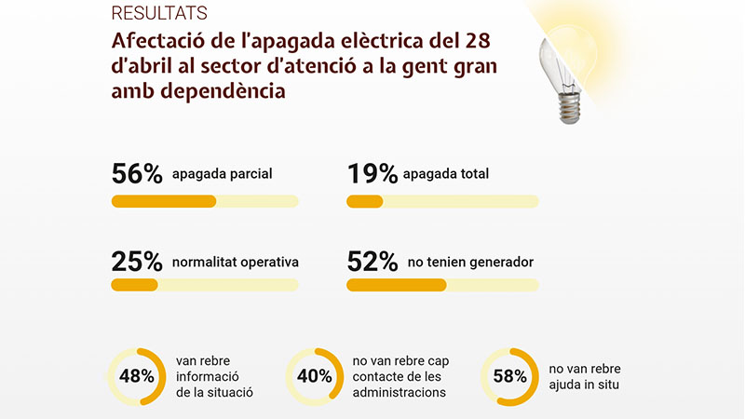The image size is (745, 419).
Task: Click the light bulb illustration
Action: (x=566, y=70)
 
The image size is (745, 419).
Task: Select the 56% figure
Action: (x=137, y=174)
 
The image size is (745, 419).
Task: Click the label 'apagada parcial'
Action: (x=222, y=174)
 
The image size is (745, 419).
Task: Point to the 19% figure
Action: (x=372, y=174)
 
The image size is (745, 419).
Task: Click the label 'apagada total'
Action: (x=449, y=174)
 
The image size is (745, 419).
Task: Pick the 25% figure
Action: (x=137, y=262)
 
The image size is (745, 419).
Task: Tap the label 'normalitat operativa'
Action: (x=236, y=263)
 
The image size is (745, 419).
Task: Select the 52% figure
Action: (x=372, y=262)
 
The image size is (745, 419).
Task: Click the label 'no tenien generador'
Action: (x=469, y=263)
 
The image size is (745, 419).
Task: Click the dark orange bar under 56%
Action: (x=164, y=201)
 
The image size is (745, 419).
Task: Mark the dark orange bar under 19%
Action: (x=365, y=201)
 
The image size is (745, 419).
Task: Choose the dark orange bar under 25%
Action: (x=135, y=285)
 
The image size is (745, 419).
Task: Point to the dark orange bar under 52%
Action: (x=397, y=285)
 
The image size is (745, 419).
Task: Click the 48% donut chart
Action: (x=137, y=376)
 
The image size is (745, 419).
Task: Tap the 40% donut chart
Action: (x=314, y=376)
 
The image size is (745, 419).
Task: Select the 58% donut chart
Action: (x=508, y=376)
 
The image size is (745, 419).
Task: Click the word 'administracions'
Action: (x=400, y=393)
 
